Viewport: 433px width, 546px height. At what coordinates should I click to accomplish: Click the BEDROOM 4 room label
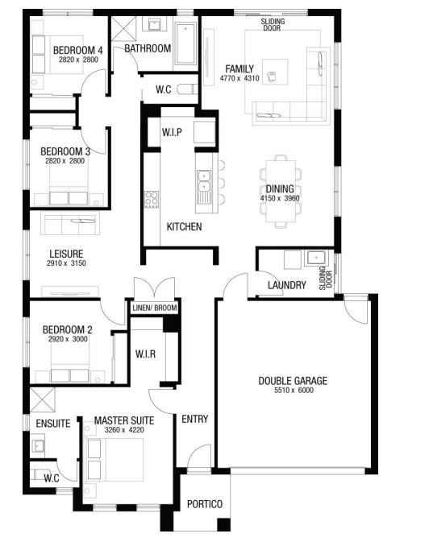pos(77,50)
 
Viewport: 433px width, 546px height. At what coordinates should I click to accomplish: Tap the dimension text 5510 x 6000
pos(294,391)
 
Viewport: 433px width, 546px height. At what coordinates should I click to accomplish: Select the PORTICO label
pos(205,504)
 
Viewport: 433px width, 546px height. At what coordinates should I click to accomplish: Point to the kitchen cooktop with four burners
pos(152,200)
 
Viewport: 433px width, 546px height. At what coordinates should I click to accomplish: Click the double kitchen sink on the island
pos(204,181)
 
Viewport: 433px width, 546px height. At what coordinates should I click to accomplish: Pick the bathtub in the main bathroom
pos(185,43)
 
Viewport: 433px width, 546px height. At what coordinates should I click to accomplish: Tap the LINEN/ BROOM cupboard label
pos(155,308)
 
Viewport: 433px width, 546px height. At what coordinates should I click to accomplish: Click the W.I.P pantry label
pos(172,132)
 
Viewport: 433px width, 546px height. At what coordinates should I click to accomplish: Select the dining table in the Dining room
pos(281,191)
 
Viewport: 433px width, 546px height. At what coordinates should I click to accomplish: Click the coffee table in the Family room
pos(275,72)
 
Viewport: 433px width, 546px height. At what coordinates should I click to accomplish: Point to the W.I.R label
pos(145,354)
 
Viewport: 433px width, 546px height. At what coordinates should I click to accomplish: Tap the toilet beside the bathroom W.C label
pos(187,89)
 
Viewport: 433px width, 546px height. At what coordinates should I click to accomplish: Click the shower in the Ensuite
pos(42,399)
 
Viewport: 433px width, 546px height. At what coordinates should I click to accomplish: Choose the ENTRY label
pos(195,419)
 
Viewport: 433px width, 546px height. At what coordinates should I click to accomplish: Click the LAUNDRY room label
pos(287,285)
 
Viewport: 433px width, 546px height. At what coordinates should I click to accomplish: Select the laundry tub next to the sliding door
pos(316,258)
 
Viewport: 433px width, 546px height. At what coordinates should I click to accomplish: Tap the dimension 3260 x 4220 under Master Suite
pos(124,430)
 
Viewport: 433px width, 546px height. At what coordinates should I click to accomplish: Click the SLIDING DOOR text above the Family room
pos(273,24)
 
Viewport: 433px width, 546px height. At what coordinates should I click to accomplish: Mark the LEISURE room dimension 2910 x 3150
pos(66,263)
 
